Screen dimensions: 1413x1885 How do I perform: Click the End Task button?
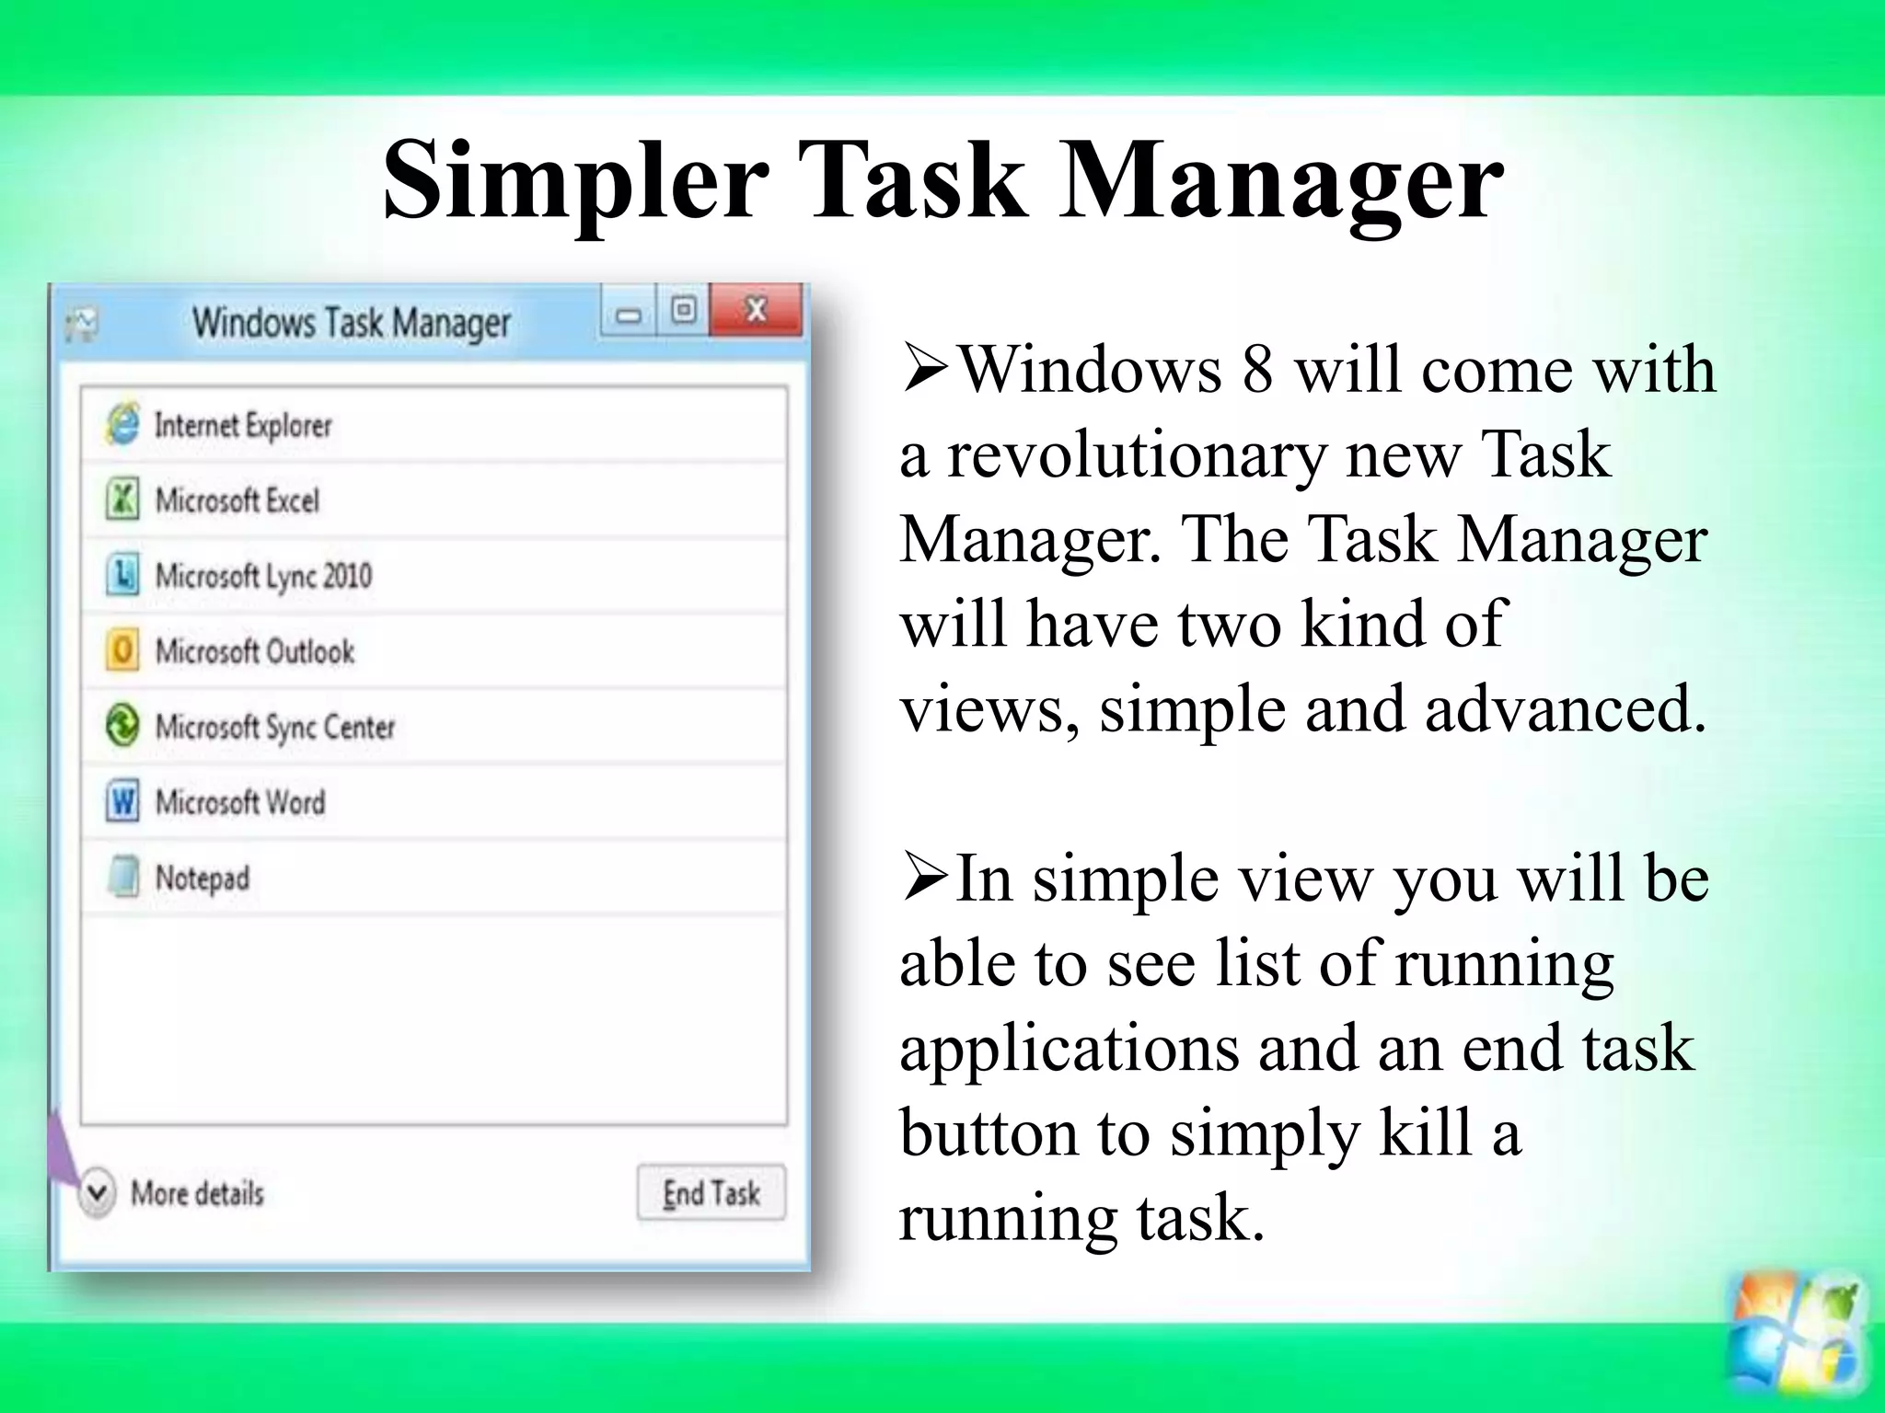click(711, 1193)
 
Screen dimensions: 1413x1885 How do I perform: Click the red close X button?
click(756, 310)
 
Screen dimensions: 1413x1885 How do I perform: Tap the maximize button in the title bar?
click(683, 310)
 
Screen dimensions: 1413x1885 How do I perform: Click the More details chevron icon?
click(97, 1193)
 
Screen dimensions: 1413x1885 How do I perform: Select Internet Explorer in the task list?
click(243, 425)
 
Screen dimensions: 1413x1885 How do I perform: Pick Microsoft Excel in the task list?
click(237, 500)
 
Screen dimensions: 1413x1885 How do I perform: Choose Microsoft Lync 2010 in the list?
click(263, 576)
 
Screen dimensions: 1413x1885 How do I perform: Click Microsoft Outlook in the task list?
click(254, 651)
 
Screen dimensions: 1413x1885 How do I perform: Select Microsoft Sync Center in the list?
click(274, 727)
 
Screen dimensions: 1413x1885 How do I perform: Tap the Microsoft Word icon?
click(122, 801)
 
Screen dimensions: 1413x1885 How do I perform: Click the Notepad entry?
click(202, 878)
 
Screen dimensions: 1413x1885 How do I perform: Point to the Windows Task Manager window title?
click(351, 323)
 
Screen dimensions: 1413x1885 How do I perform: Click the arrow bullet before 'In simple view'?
click(924, 879)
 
